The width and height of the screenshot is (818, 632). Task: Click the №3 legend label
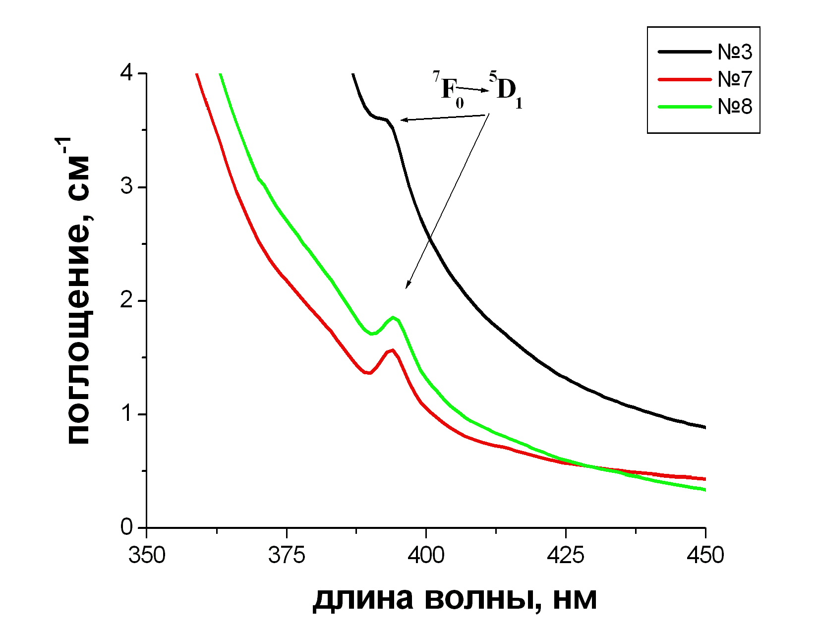coord(735,52)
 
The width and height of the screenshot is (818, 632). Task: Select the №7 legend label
coord(735,79)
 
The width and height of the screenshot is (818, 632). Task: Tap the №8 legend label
coord(735,107)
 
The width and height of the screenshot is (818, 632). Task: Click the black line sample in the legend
coord(684,52)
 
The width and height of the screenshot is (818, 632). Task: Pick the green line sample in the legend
coord(684,107)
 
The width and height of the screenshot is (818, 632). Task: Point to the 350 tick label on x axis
coord(147,555)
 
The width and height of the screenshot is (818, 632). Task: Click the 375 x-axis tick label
coord(287,555)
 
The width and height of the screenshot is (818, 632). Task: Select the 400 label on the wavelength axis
coord(426,555)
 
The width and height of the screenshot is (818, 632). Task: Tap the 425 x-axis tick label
coord(566,555)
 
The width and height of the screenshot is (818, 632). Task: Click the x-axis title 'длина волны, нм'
coord(455,599)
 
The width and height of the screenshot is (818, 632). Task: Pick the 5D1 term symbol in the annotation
coord(506,90)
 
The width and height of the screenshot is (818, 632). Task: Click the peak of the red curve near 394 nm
coord(393,350)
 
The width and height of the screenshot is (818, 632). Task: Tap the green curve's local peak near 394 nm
coord(393,317)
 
